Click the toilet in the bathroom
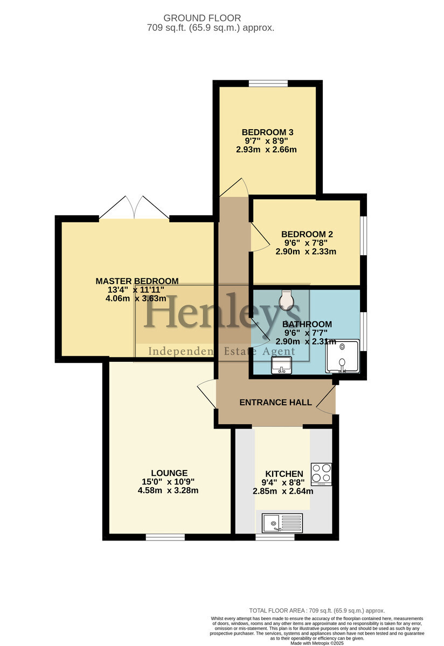pos(286,300)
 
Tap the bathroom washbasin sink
pos(281,365)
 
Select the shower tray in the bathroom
pos(342,356)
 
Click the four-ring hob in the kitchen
pos(321,474)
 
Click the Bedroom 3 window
pos(268,83)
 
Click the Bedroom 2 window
pos(364,235)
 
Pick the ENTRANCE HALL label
pos(275,402)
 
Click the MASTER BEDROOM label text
pos(137,281)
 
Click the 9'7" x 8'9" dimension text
pos(267,141)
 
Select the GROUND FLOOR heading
pos(202,18)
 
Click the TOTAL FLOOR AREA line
pos(317,610)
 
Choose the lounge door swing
pos(207,394)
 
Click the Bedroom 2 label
pos(307,234)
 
